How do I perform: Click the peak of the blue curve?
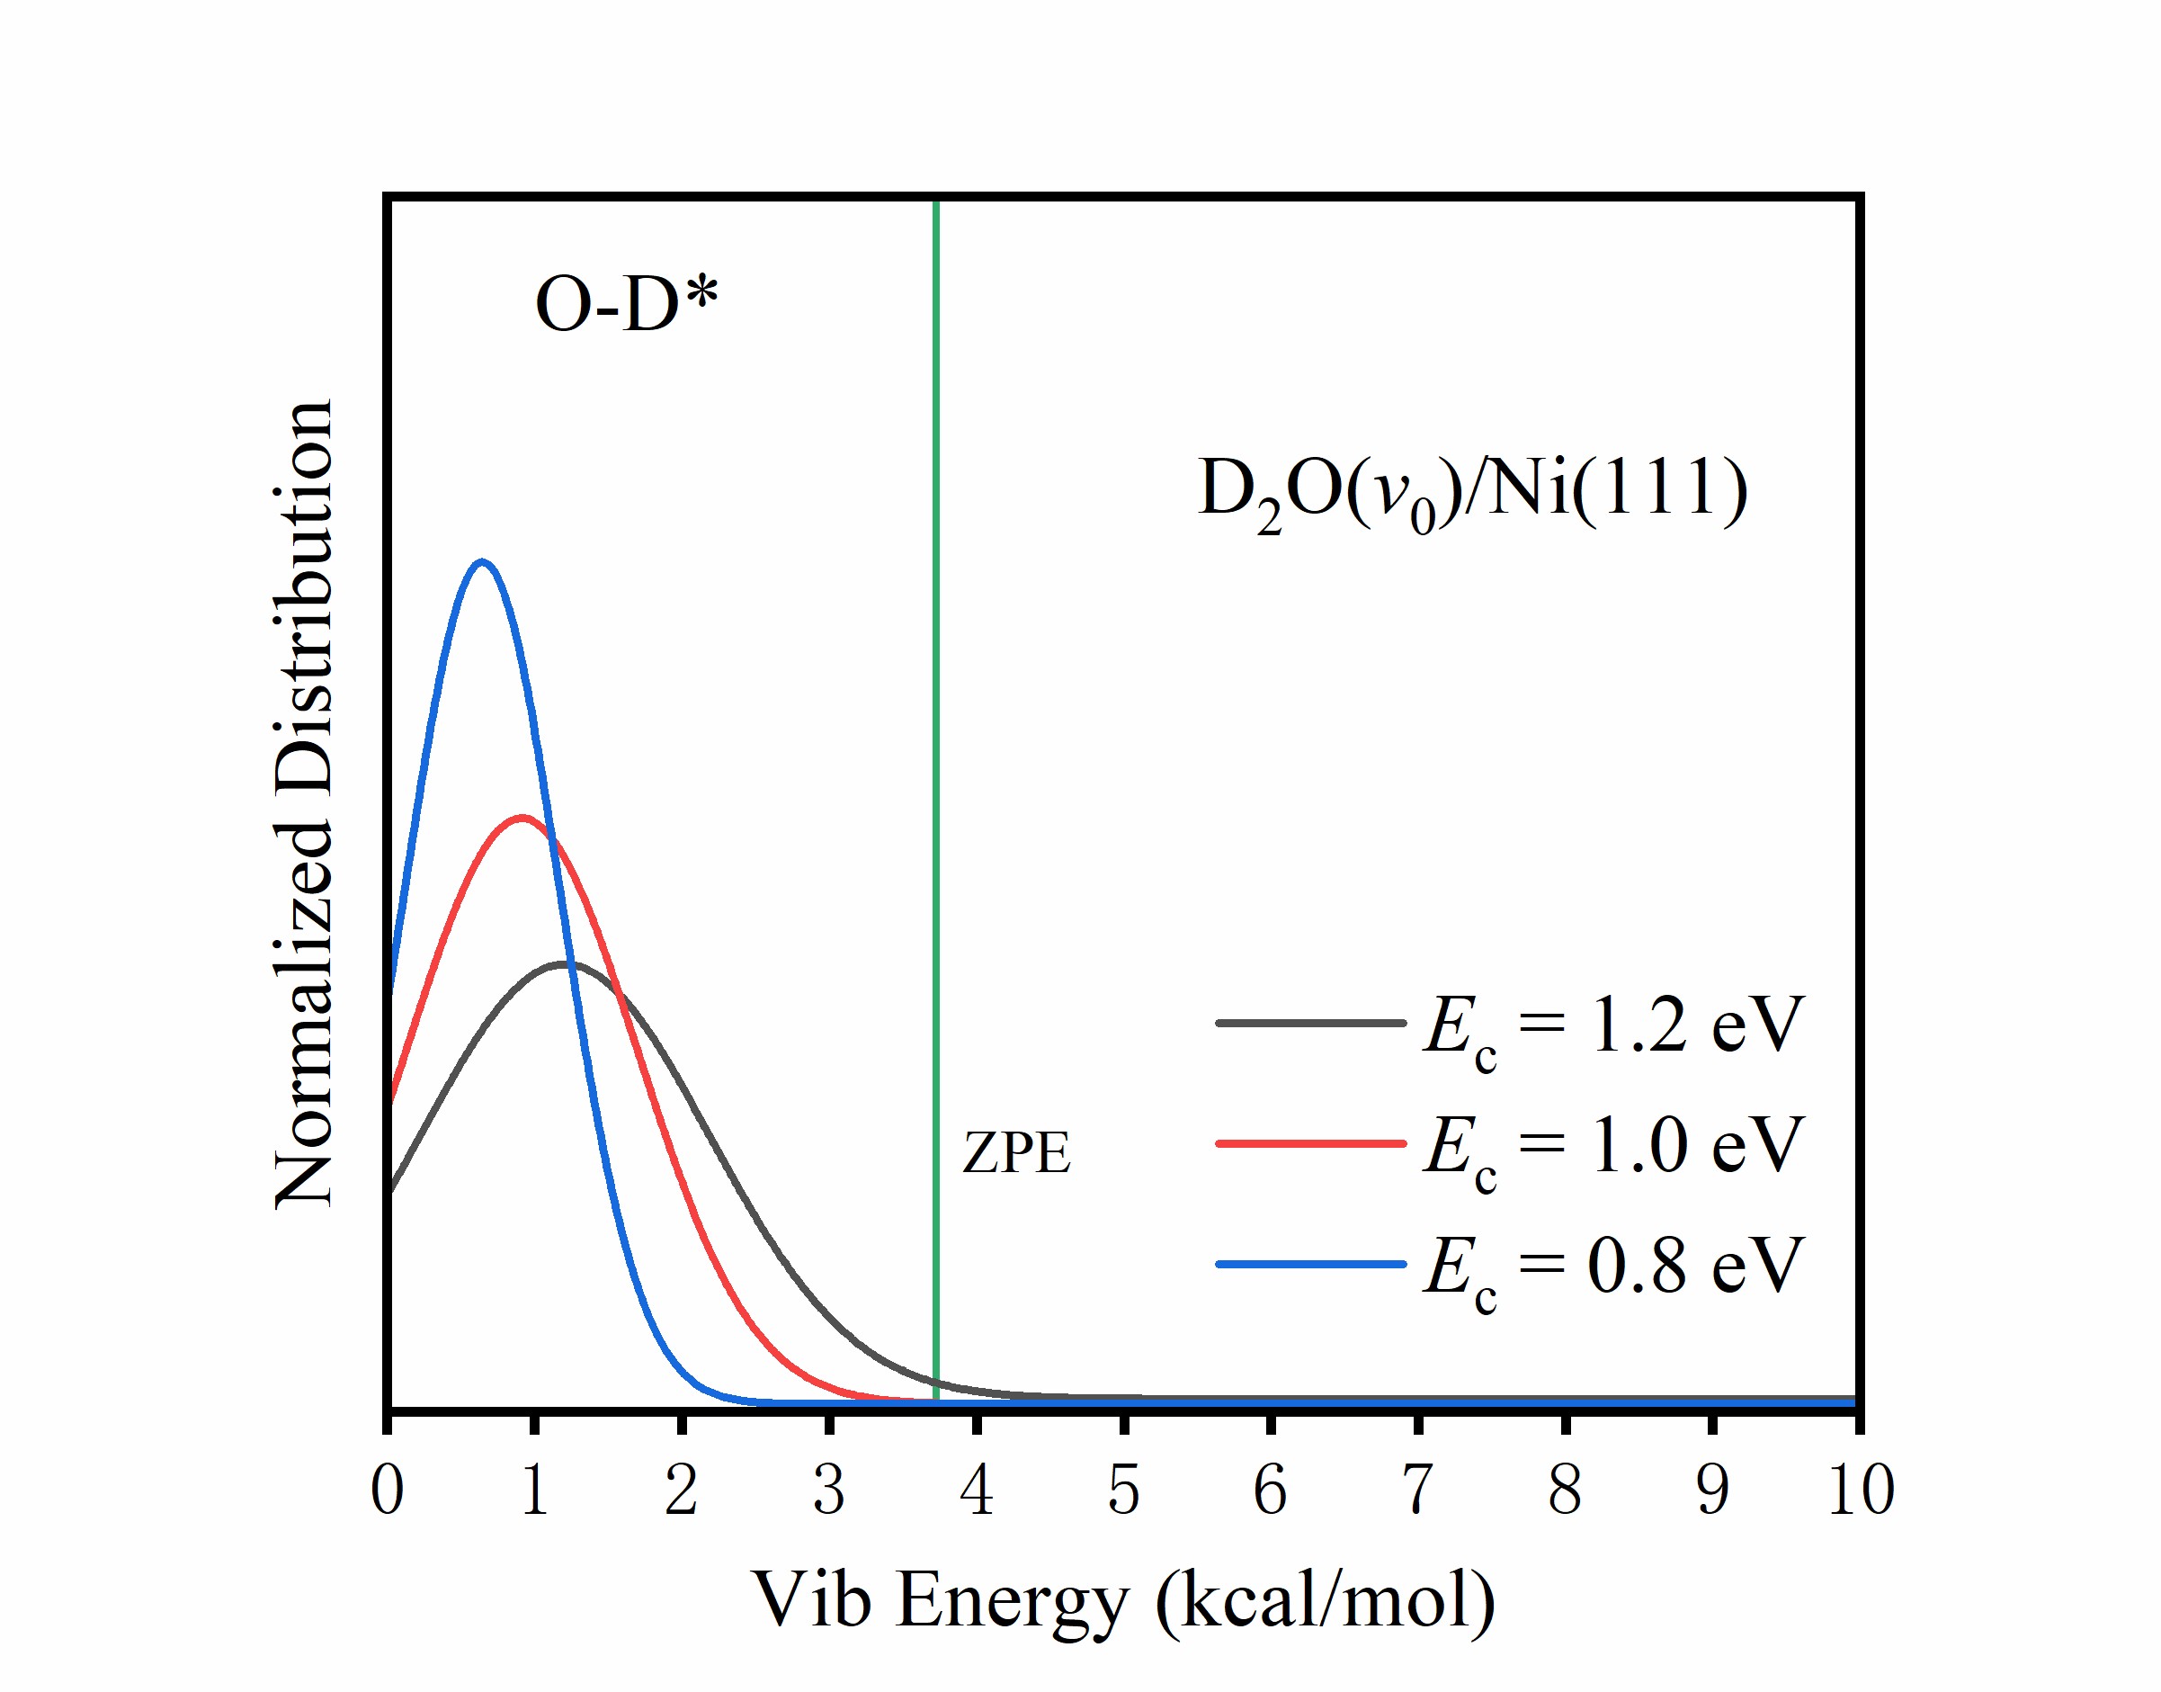(x=482, y=563)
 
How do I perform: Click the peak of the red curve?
(x=522, y=818)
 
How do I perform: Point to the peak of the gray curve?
(x=565, y=962)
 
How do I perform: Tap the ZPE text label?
(x=1016, y=1153)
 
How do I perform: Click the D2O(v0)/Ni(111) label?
(x=1472, y=491)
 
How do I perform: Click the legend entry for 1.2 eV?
(x=1612, y=1026)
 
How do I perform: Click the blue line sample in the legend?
(x=1310, y=1264)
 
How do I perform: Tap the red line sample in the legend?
(x=1310, y=1143)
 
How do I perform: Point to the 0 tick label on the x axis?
(x=388, y=1489)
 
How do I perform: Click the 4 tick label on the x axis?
(x=977, y=1489)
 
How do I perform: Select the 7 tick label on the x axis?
(x=1418, y=1489)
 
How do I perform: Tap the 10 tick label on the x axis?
(x=1860, y=1489)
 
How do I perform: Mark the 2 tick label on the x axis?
(x=682, y=1489)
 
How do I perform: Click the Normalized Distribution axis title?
(x=304, y=803)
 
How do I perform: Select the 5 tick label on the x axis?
(x=1124, y=1489)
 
